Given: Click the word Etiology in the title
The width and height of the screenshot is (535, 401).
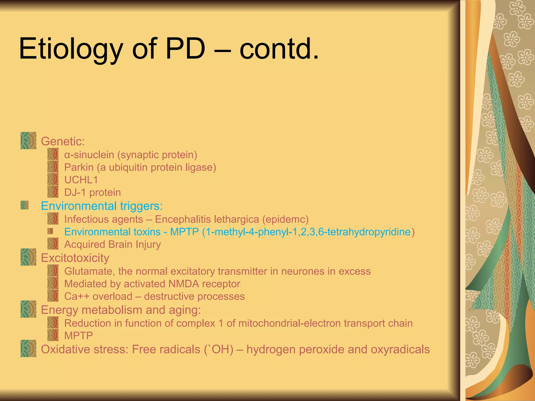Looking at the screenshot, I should [x=71, y=49].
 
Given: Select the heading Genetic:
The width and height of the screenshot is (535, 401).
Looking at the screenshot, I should [x=63, y=141].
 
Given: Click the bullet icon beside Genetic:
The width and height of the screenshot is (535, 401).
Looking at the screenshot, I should [x=28, y=140].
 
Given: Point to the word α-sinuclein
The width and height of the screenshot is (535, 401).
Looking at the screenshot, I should [x=89, y=155].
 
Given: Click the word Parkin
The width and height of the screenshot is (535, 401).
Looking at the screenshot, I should [x=79, y=167].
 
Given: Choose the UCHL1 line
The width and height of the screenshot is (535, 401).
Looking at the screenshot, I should [x=81, y=180].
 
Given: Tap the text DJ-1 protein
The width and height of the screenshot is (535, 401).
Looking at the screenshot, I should [x=92, y=192].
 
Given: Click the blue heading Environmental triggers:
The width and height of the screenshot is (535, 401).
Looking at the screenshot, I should [x=102, y=206].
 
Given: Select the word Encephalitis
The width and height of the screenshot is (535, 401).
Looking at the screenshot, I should [x=183, y=219].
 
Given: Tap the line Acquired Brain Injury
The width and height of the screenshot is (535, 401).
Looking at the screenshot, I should [x=112, y=244].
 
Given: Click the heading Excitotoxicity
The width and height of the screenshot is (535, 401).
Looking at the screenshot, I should [x=75, y=258].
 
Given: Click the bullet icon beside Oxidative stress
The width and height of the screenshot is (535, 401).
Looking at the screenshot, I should [x=28, y=348].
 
